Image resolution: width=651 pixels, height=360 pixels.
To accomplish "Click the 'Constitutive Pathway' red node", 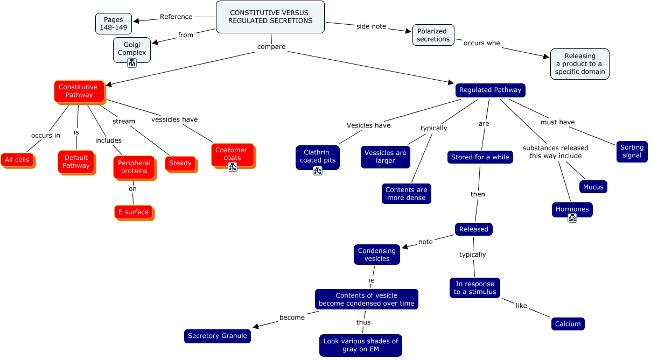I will coord(79,91).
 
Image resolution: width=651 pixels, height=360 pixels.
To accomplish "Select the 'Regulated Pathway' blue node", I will coord(490,90).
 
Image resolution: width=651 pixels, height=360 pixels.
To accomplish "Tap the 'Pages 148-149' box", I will coord(114,23).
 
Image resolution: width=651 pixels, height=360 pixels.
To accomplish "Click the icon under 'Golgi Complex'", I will coord(132,63).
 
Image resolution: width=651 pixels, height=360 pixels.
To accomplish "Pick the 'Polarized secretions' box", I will coord(433,35).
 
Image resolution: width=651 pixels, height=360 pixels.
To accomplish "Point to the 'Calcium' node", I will coord(568,324).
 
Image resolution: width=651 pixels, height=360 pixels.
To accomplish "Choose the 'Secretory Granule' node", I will coord(217,336).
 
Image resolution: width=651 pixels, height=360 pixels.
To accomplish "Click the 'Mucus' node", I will coord(593,187).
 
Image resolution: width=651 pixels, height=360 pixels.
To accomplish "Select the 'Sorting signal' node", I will coord(632,151).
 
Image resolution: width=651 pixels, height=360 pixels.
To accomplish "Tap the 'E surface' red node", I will coord(133,212).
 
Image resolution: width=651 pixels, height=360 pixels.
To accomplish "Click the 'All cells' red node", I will coord(17,160).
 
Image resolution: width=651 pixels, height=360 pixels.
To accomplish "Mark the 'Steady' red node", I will coord(180,163).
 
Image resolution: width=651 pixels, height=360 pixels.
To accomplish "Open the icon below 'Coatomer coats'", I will coord(233,167).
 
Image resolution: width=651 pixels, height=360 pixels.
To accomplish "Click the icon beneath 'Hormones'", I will coord(572,218).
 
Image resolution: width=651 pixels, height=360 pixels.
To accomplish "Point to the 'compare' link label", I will coord(271,47).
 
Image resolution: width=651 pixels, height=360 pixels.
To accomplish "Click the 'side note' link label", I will coord(371,26).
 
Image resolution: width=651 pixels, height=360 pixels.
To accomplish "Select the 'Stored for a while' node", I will coord(480,157).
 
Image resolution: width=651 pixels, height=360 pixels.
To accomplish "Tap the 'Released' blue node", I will coord(473,229).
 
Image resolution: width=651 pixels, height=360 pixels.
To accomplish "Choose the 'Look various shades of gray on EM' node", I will coord(360,345).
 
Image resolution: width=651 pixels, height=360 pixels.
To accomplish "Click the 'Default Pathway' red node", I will coord(76,161).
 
